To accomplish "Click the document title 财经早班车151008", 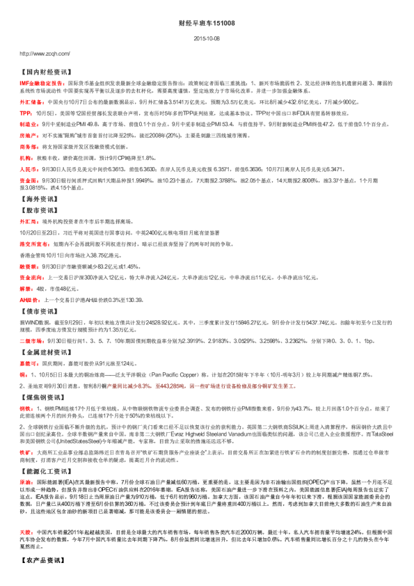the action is [207, 23].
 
